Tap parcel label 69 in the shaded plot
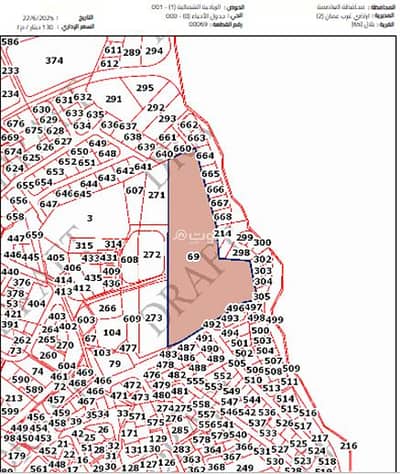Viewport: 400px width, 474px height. click(x=193, y=257)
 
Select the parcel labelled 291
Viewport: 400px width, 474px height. click(x=113, y=99)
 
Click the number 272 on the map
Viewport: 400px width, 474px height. click(x=151, y=255)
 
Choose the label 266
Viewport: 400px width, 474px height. click(x=109, y=308)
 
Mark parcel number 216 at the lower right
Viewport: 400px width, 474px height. click(x=348, y=444)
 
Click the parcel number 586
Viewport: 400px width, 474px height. click(x=10, y=42)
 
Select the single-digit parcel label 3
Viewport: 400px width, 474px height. click(x=89, y=216)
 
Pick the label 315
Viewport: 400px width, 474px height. click(x=84, y=245)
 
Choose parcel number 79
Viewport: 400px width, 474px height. click(x=115, y=364)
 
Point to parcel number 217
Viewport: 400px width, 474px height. click(x=319, y=437)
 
